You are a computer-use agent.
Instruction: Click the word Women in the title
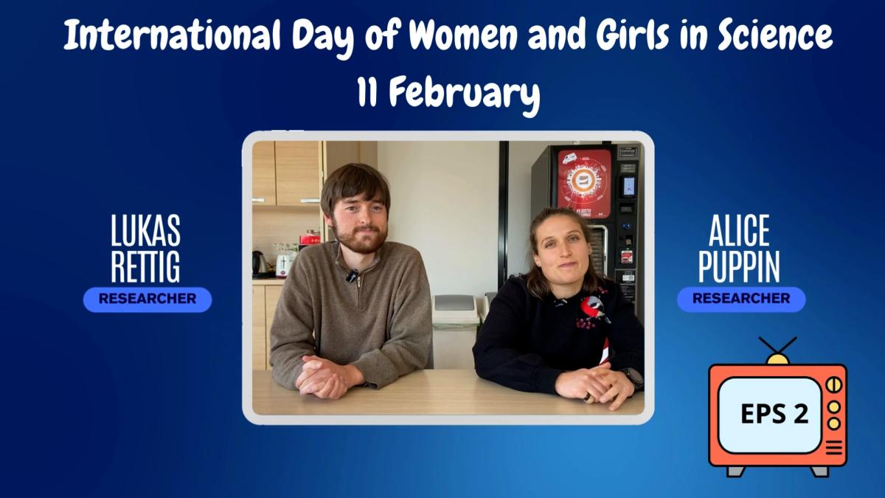point(463,35)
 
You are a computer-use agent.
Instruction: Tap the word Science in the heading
point(775,35)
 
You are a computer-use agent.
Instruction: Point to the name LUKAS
point(145,230)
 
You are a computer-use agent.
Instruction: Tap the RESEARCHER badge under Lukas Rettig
point(147,300)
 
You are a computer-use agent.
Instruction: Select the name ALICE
point(739,230)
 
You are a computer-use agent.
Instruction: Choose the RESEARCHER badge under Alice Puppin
point(741,299)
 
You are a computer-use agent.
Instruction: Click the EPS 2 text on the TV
point(774,414)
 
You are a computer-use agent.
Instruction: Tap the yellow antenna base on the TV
point(777,359)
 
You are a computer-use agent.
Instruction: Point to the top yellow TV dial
point(833,385)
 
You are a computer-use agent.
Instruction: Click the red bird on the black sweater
point(594,308)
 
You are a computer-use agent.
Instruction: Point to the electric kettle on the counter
point(259,262)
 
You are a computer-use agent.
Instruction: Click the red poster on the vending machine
point(584,184)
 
